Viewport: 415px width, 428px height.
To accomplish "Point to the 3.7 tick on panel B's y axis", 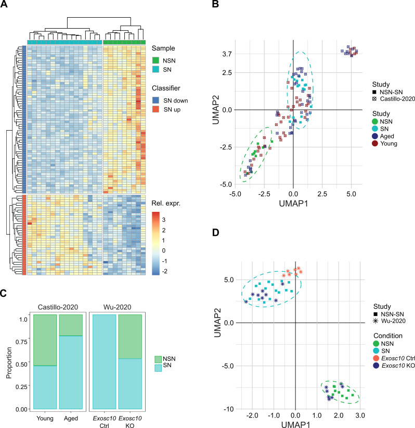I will (x=227, y=54).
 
